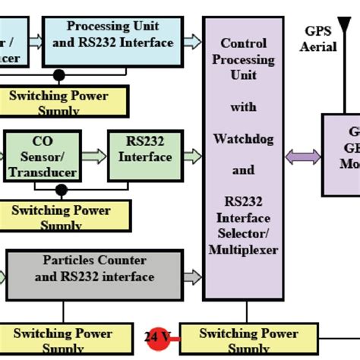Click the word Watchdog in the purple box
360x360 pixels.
coord(243,140)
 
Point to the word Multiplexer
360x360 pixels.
coord(243,249)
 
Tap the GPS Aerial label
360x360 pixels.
coord(319,39)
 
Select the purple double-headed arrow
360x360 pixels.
coord(302,157)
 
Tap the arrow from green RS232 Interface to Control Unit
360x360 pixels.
coord(192,156)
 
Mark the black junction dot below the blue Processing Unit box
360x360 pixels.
coord(59,75)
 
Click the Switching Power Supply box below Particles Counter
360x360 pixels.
coord(62,339)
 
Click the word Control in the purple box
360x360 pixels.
coord(243,43)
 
